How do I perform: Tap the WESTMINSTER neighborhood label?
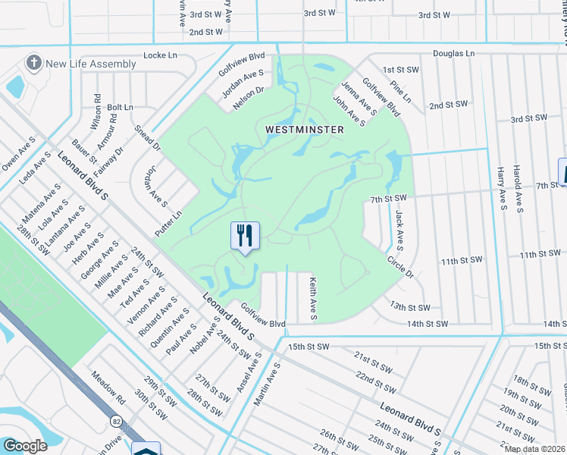(305, 130)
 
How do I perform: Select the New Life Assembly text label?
(90, 64)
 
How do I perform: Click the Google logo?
(25, 446)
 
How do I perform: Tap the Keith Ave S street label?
(312, 297)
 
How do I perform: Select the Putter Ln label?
(168, 224)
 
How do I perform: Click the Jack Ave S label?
(399, 231)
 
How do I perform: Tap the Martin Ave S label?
(267, 383)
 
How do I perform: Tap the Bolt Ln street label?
(120, 108)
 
